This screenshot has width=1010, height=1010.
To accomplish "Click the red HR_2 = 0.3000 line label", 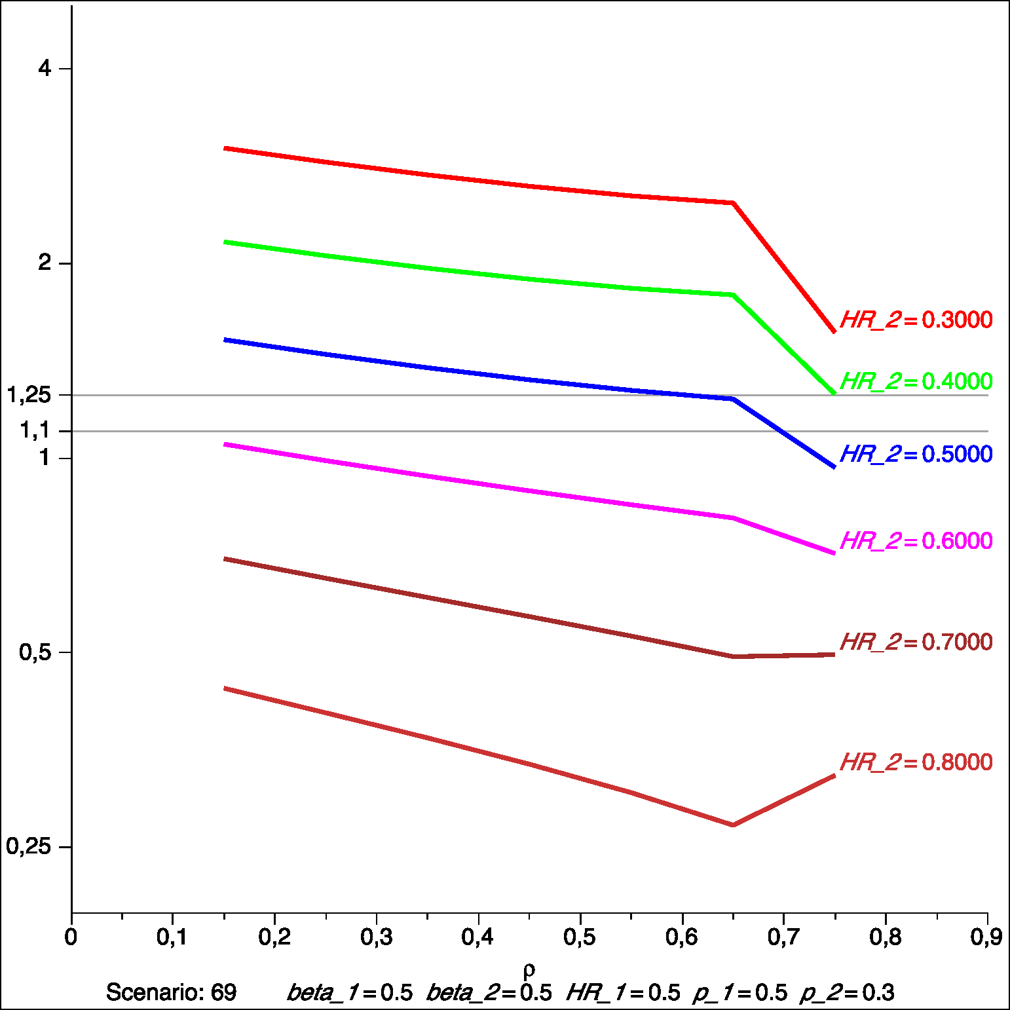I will (x=916, y=320).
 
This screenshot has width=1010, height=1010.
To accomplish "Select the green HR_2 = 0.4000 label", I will (x=916, y=381).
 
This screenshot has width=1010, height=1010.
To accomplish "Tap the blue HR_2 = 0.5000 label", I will (x=916, y=454).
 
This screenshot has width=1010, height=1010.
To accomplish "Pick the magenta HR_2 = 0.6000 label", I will (x=916, y=541).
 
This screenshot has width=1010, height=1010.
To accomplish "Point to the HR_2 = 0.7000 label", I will (x=916, y=642).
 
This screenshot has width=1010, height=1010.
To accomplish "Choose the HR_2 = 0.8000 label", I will (x=916, y=762).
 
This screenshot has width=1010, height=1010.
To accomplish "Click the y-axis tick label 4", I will (x=45, y=67).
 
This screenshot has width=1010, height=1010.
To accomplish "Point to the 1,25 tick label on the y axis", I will (x=29, y=395).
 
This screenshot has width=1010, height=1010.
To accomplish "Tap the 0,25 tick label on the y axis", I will (x=29, y=846).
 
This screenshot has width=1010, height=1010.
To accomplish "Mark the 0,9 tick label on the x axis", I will (x=986, y=937).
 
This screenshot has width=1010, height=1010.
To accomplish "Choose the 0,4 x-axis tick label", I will (x=477, y=937).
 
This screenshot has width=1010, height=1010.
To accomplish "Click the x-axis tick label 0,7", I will (x=783, y=937).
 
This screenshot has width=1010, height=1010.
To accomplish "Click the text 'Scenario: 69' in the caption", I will (x=171, y=992).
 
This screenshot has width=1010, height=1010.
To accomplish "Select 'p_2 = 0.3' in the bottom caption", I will (x=846, y=992).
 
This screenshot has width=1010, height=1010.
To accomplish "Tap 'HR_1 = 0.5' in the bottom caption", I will (x=623, y=992).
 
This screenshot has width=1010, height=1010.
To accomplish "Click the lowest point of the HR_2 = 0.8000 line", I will (x=733, y=825).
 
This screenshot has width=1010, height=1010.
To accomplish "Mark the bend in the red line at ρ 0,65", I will (x=733, y=203).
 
